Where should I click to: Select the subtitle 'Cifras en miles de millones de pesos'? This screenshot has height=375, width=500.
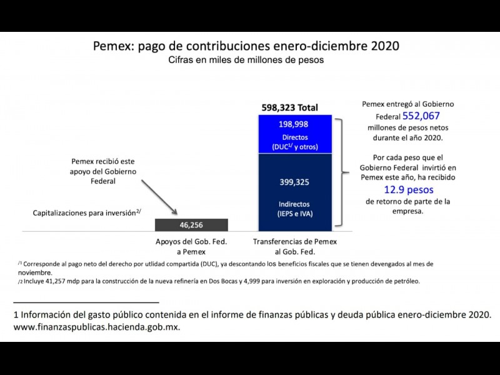pyautogui.click(x=246, y=61)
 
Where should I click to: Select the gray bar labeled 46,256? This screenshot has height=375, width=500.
pyautogui.click(x=191, y=225)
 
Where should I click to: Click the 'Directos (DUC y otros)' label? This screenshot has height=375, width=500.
pyautogui.click(x=294, y=142)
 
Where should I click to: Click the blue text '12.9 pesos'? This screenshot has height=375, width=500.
pyautogui.click(x=409, y=189)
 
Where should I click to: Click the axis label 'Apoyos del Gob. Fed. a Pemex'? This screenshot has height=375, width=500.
pyautogui.click(x=191, y=246)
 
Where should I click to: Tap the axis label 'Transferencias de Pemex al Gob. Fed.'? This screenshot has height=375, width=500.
pyautogui.click(x=294, y=246)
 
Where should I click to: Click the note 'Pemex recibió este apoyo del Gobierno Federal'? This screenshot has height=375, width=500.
pyautogui.click(x=104, y=170)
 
